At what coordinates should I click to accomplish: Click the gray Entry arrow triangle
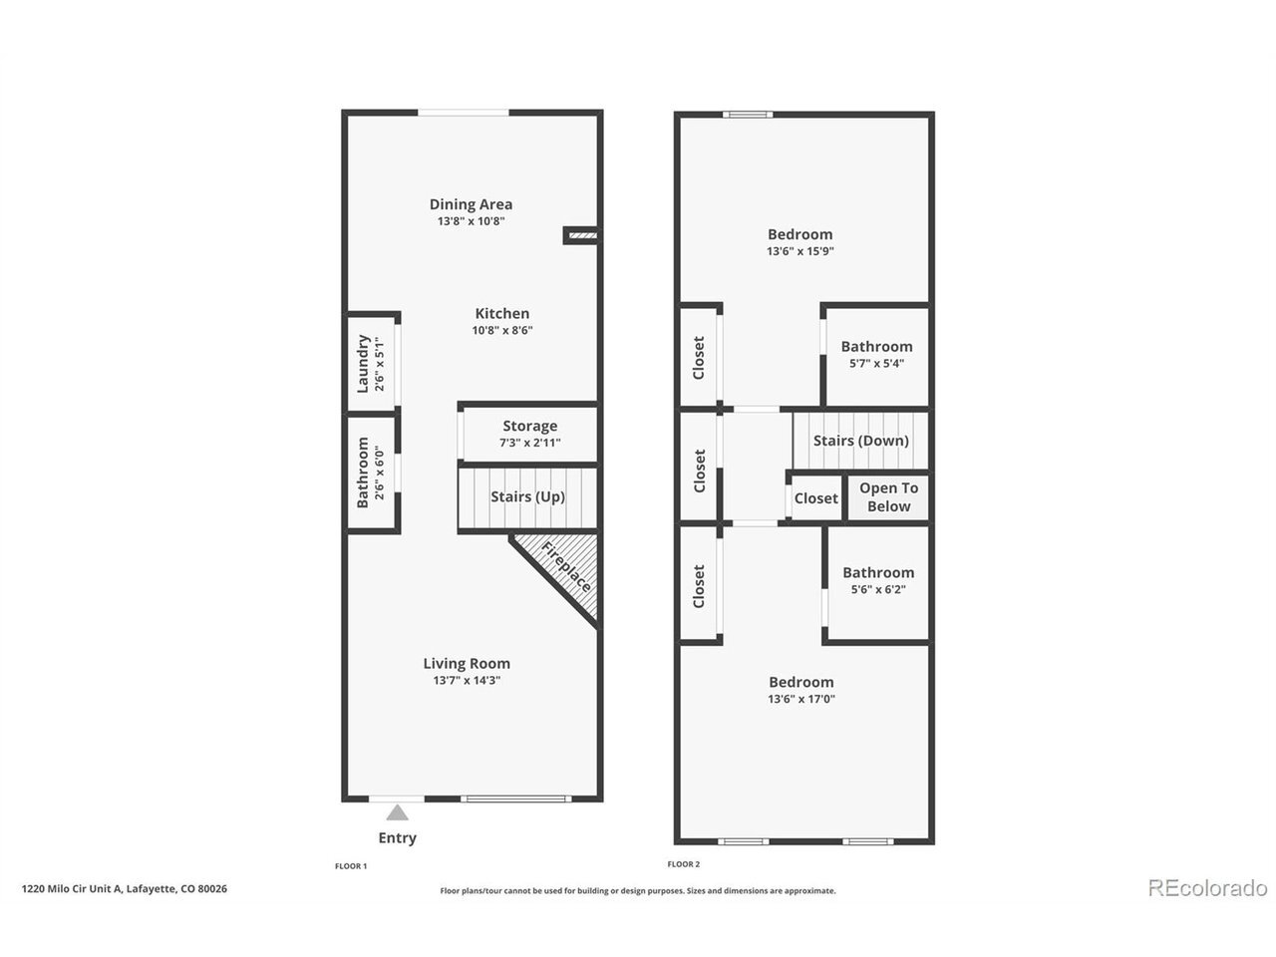click(x=397, y=812)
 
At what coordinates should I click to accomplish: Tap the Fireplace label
click(x=566, y=566)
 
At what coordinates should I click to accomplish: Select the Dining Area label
click(x=471, y=204)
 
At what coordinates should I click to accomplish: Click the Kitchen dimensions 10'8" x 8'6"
click(x=502, y=331)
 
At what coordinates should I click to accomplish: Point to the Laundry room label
click(x=362, y=364)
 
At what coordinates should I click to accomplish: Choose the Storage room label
click(x=529, y=426)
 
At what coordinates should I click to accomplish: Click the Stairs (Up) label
click(x=527, y=496)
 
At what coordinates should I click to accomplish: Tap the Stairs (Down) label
click(x=861, y=441)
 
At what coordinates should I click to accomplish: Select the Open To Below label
click(x=889, y=496)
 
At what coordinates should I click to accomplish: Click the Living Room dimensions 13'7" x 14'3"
click(x=467, y=681)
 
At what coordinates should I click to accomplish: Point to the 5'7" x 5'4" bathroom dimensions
click(x=876, y=364)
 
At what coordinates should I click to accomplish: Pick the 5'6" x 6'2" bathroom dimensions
click(x=878, y=590)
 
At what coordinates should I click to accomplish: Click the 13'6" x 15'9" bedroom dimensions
click(x=800, y=251)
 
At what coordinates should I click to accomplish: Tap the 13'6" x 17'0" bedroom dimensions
click(x=801, y=699)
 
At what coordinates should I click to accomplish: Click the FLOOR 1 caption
click(x=351, y=866)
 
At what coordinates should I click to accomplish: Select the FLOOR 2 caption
click(x=684, y=864)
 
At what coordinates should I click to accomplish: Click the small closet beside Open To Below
click(x=816, y=498)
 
